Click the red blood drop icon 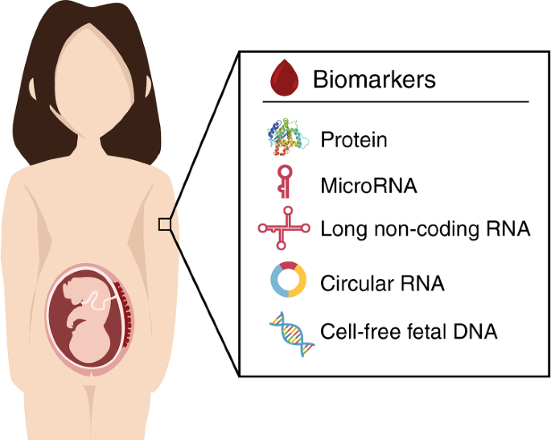(x=283, y=79)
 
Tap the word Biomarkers (x=374, y=80)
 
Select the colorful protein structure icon (x=286, y=139)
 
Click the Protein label (x=354, y=140)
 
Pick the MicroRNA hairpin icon (x=283, y=183)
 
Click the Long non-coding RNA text (x=425, y=229)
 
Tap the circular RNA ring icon (x=287, y=281)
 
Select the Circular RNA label (x=382, y=283)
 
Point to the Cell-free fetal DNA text (x=409, y=331)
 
